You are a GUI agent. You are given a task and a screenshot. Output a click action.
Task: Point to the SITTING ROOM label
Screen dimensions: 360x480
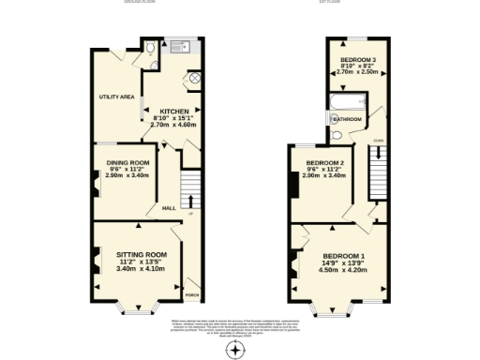pyautogui.click(x=141, y=254)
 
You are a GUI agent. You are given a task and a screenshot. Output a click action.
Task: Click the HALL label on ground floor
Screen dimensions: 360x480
pyautogui.click(x=169, y=208)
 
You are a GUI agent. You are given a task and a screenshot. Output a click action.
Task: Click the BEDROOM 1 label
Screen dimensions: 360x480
pyautogui.click(x=344, y=256)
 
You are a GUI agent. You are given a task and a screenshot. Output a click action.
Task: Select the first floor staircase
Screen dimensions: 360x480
pyautogui.click(x=378, y=174)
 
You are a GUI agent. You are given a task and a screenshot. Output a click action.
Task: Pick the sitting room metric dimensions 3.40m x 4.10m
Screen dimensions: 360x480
pyautogui.click(x=141, y=269)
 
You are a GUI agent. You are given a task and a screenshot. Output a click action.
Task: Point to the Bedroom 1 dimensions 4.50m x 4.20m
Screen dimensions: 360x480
pyautogui.click(x=344, y=271)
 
